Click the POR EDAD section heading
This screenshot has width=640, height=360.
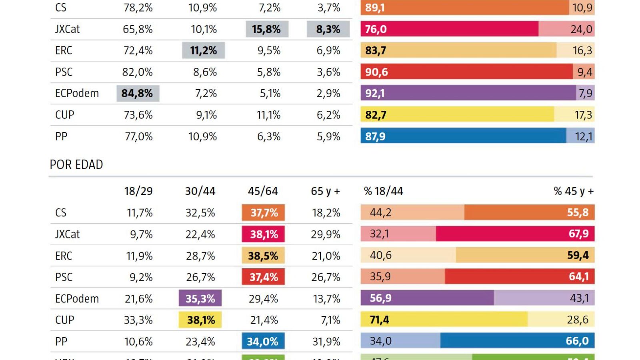pyautogui.click(x=76, y=164)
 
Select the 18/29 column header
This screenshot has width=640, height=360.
pyautogui.click(x=138, y=191)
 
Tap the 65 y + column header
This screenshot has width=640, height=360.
pyautogui.click(x=325, y=191)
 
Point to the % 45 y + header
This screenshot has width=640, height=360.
pyautogui.click(x=574, y=191)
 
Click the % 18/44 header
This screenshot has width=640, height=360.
pyautogui.click(x=383, y=191)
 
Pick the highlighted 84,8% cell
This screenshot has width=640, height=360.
pyautogui.click(x=138, y=94)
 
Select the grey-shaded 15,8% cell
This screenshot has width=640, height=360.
pyautogui.click(x=267, y=29)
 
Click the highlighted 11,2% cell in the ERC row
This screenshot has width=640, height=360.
pyautogui.click(x=204, y=51)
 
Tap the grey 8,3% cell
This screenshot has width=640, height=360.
pyautogui.click(x=328, y=29)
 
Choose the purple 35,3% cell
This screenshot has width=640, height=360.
pyautogui.click(x=200, y=298)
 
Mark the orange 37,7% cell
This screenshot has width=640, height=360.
pyautogui.click(x=263, y=213)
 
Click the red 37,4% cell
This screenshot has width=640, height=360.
pyautogui.click(x=263, y=277)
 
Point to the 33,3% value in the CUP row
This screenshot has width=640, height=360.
pyautogui.click(x=138, y=320)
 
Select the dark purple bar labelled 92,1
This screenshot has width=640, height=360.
pyautogui.click(x=468, y=93)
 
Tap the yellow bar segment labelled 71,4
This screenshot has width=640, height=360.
pyautogui.click(x=444, y=320)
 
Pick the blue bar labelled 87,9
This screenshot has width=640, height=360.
pyautogui.click(x=463, y=136)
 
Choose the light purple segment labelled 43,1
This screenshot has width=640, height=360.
pyautogui.click(x=544, y=298)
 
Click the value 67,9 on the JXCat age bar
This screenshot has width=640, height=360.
pyautogui.click(x=578, y=234)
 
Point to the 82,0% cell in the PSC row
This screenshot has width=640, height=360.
pyautogui.click(x=138, y=72)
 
